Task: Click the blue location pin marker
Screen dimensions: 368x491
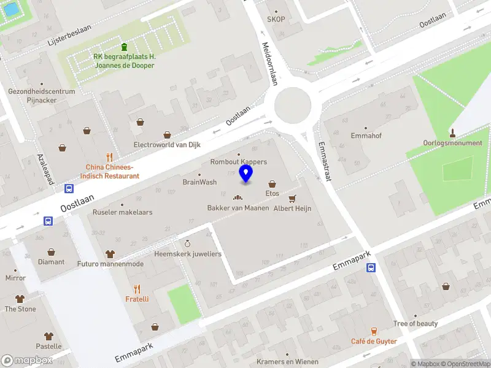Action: pos(246,173)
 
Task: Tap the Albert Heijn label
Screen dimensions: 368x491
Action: pos(292,209)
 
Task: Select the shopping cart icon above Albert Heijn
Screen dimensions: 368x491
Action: pos(292,198)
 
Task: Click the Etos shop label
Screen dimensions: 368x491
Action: pos(272,194)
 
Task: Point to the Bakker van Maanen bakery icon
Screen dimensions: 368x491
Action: pos(238,197)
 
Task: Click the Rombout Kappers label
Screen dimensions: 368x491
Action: pos(238,162)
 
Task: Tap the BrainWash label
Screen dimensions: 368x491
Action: pos(199,182)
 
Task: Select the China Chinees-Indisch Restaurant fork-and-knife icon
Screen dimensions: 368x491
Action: pos(110,156)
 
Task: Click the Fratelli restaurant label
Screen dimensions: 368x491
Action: pos(137,299)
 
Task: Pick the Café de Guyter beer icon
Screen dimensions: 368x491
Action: pos(374,331)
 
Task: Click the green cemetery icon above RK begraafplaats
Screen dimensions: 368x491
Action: pos(124,47)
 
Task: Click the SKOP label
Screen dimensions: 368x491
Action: pos(276,19)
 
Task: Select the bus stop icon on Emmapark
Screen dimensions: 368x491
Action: pos(371,267)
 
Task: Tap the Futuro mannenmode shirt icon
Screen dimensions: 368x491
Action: pos(110,253)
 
